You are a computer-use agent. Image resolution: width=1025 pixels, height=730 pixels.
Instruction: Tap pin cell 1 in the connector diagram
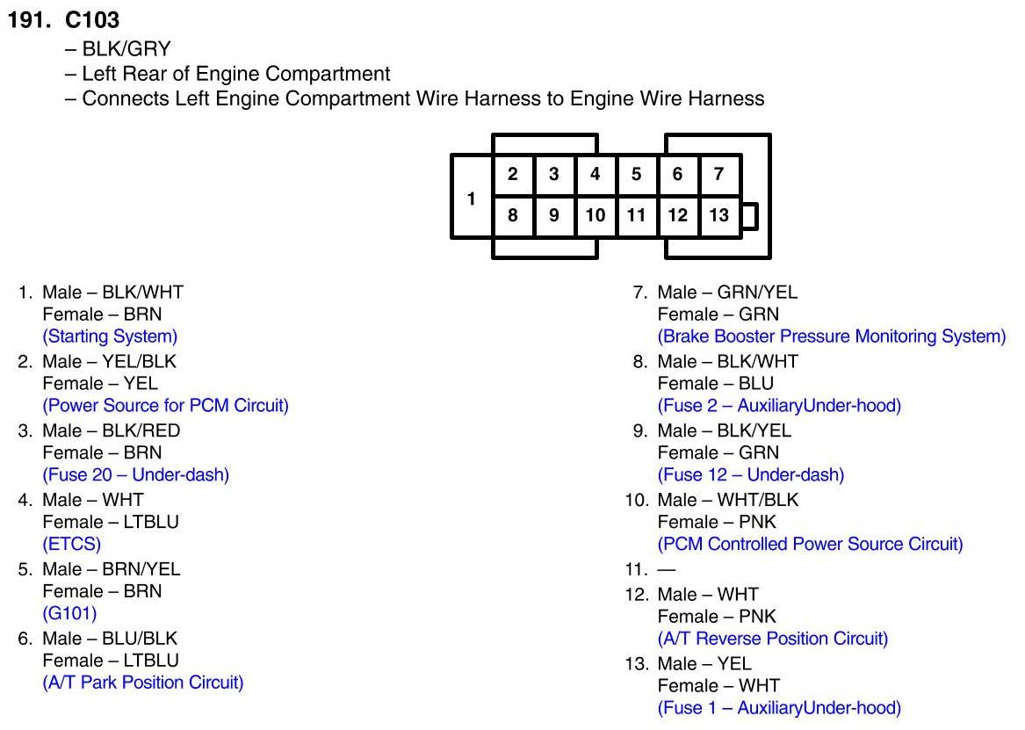click(471, 199)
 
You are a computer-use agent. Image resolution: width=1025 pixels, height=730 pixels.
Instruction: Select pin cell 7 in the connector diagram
click(719, 174)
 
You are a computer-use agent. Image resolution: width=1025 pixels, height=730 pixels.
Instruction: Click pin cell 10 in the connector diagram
click(596, 215)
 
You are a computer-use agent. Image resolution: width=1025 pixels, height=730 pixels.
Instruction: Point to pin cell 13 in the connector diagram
click(719, 215)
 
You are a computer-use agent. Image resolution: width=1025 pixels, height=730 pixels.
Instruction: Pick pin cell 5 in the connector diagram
click(637, 174)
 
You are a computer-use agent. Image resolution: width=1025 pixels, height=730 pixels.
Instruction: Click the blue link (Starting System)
click(110, 336)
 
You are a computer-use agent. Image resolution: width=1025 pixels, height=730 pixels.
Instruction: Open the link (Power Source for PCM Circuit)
click(165, 406)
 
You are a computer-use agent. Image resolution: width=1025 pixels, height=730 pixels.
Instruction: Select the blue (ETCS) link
click(72, 545)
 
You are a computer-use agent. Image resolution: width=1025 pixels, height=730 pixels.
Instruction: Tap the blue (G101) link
click(69, 614)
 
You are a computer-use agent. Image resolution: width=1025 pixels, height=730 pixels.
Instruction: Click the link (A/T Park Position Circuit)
click(143, 683)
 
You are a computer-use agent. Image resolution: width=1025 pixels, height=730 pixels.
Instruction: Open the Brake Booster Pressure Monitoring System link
click(831, 336)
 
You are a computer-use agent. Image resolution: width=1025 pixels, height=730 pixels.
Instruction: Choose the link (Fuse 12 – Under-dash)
click(751, 475)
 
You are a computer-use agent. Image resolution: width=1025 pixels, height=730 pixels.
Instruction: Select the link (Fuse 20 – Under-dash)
click(136, 475)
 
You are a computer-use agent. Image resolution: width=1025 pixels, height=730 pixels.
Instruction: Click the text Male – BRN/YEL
click(112, 569)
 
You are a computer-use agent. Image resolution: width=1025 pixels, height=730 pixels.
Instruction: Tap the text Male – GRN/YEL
click(727, 293)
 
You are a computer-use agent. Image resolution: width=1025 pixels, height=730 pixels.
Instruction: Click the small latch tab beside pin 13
click(749, 216)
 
